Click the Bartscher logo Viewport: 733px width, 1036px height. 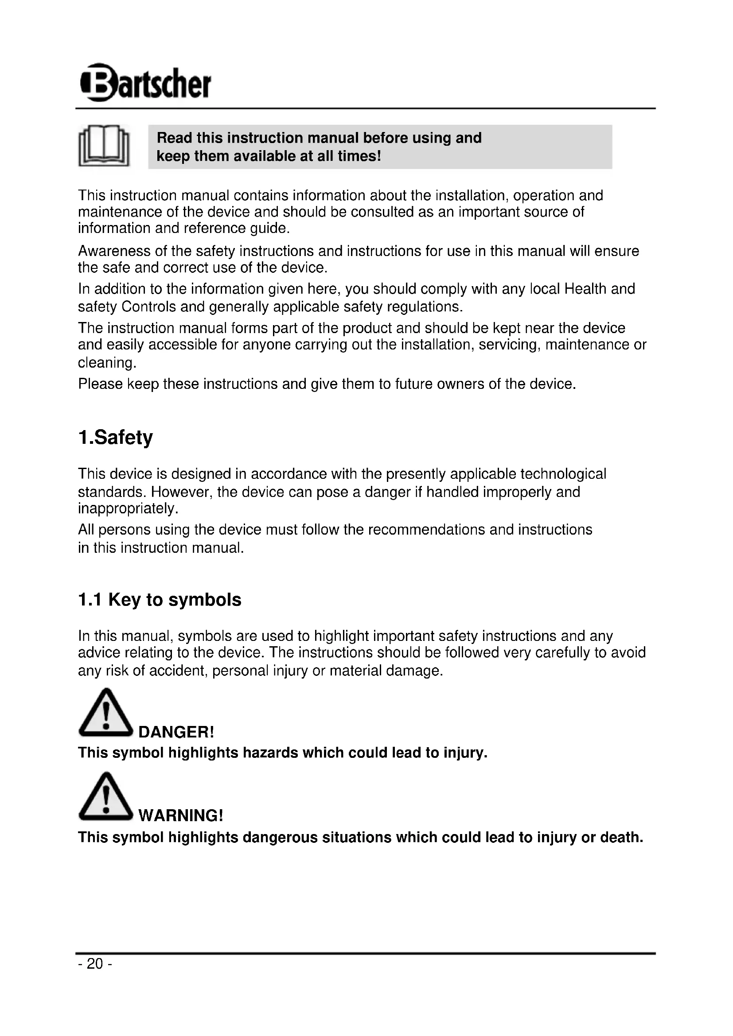point(145,82)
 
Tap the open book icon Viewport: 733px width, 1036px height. point(104,145)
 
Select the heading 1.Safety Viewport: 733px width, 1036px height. point(116,437)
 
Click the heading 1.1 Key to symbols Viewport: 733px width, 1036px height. point(160,600)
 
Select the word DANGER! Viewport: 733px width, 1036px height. point(176,732)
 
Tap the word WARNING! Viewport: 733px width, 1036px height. point(180,815)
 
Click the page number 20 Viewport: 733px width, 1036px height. point(95,964)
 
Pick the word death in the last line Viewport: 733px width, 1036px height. point(621,838)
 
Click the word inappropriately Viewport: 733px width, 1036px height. point(128,509)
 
